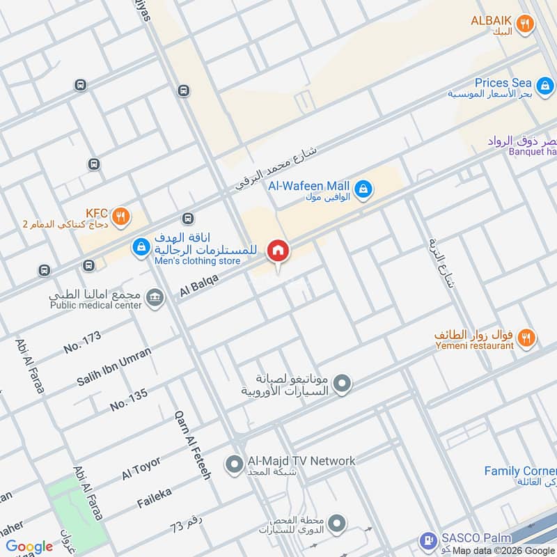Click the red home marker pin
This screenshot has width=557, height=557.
pos(278,251)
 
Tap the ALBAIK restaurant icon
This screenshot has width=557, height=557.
pos(526,24)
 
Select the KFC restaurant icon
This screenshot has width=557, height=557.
pos(122,216)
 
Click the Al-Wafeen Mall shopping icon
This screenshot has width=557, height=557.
pos(363,189)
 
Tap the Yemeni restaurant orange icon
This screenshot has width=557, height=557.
pos(526,338)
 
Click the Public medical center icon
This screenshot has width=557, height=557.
pos(155,297)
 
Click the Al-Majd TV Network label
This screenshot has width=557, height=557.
pos(301,461)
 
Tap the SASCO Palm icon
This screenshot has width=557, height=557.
pos(426,541)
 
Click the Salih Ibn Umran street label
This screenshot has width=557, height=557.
pos(114,366)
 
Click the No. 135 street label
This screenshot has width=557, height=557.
pos(128,399)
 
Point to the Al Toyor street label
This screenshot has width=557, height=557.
pos(141,468)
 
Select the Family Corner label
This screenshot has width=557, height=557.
pos(519,471)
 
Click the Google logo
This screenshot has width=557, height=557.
pos(29,547)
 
